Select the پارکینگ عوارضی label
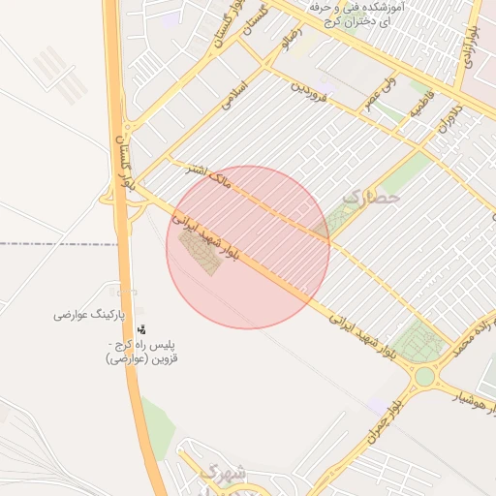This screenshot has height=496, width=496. click(85, 316)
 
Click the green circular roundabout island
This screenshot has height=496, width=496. click(425, 376)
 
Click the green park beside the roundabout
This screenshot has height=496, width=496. click(418, 342)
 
